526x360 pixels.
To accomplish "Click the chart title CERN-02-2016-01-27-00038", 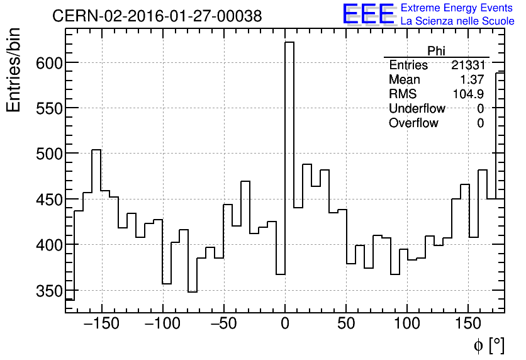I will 157,16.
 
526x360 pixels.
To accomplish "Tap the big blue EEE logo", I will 368,14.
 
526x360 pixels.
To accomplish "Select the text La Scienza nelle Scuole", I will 457,21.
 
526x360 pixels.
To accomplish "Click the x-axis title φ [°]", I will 488,345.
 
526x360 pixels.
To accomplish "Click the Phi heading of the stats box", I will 436,51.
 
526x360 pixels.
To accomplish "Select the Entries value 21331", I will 467,65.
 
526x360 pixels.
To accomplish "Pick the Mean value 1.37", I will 472,80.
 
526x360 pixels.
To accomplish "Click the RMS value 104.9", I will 468,94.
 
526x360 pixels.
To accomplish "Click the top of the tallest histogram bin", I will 289,42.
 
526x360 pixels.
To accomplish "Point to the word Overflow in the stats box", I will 413,123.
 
